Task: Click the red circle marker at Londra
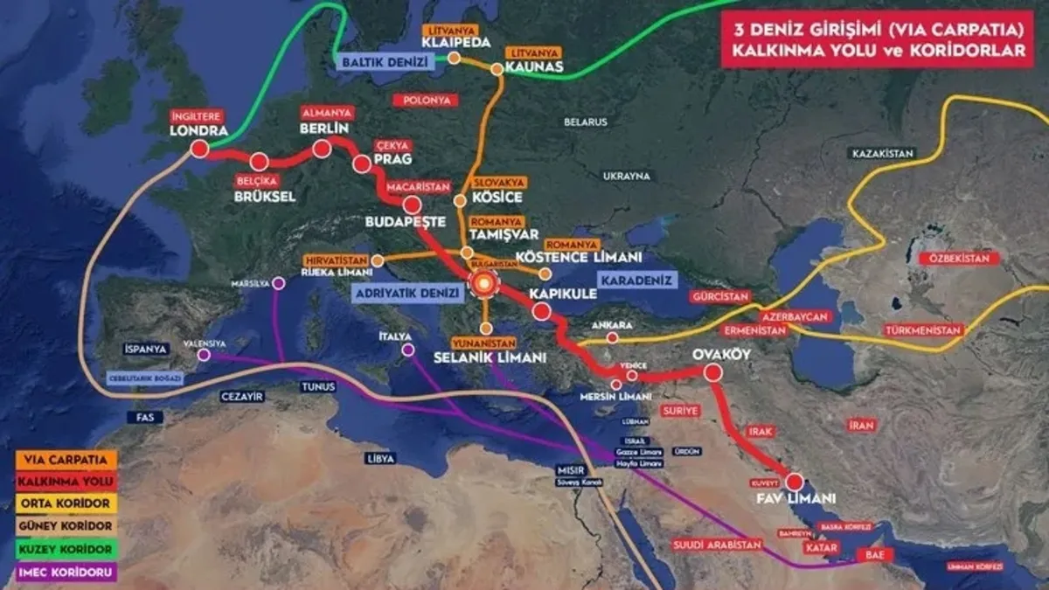tap(199, 149)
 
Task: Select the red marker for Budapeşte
tap(413, 205)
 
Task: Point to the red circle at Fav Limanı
tap(794, 482)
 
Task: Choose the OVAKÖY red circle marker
tap(712, 373)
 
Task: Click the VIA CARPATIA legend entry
tap(66, 459)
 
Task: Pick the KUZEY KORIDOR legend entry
tap(66, 550)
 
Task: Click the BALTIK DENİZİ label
tap(386, 63)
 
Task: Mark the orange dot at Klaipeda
tap(455, 59)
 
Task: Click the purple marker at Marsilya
tap(278, 283)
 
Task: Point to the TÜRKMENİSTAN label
tap(925, 330)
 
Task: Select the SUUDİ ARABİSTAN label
tap(717, 545)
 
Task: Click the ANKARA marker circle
tap(613, 337)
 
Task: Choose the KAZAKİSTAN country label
tap(882, 154)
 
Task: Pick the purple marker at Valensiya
tap(204, 355)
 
